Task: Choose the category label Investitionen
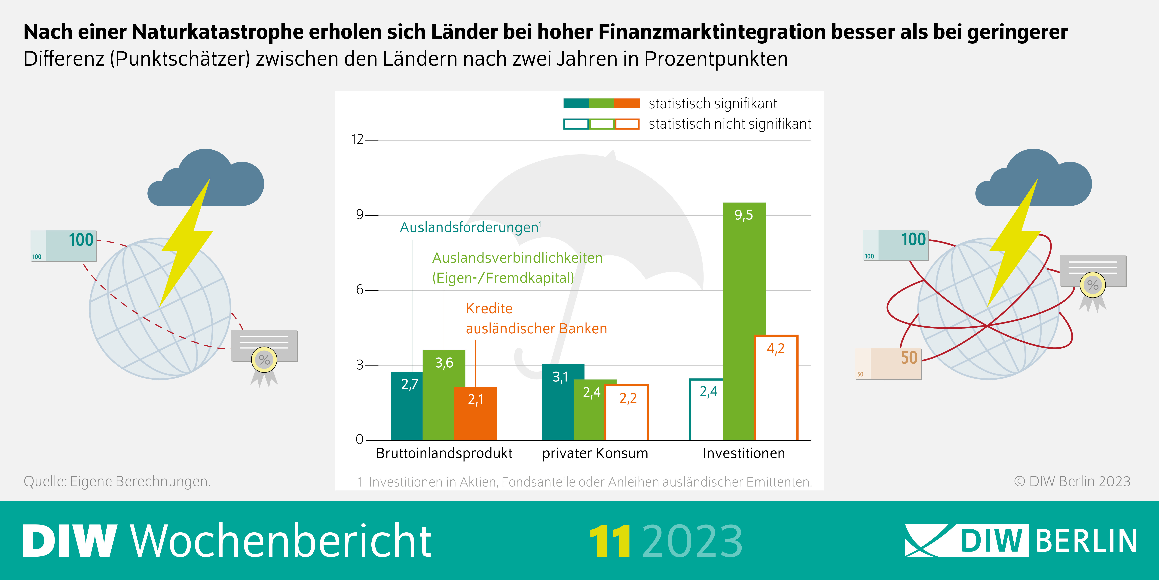[x=744, y=453]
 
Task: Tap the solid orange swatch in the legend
[x=627, y=103]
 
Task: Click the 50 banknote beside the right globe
[x=889, y=363]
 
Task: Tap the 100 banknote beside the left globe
[x=63, y=245]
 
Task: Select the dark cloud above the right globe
[x=1034, y=180]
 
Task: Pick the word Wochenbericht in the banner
[x=281, y=541]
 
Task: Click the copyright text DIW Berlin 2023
[x=1072, y=481]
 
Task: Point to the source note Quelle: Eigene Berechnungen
[x=117, y=481]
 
